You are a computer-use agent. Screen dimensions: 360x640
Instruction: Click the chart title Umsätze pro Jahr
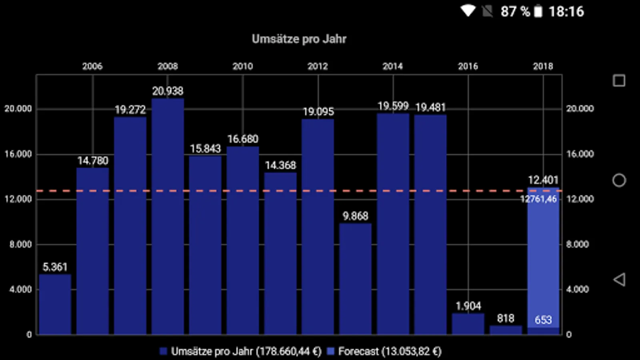click(x=299, y=39)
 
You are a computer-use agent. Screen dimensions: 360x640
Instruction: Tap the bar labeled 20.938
click(x=168, y=216)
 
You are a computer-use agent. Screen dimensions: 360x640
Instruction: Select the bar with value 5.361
click(x=55, y=304)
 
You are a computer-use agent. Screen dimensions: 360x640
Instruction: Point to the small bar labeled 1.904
click(x=468, y=324)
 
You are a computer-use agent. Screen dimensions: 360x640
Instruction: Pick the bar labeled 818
click(x=506, y=330)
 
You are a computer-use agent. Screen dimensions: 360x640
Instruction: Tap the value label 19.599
click(x=393, y=106)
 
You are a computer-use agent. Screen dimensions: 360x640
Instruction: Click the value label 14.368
click(x=280, y=165)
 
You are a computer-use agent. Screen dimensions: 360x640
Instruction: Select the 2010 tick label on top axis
click(x=243, y=66)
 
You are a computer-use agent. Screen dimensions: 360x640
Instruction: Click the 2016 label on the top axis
click(x=468, y=66)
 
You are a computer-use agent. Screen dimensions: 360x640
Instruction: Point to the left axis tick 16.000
click(x=18, y=154)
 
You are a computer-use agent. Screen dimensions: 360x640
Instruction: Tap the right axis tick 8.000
click(x=578, y=244)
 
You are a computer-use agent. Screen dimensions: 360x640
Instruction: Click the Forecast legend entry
click(x=384, y=352)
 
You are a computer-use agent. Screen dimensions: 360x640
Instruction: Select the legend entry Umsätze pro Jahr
click(x=240, y=352)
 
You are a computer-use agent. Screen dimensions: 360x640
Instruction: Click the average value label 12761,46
click(x=538, y=199)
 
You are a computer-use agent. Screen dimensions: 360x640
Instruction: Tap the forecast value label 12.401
click(x=543, y=180)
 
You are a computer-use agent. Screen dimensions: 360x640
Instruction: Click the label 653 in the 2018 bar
click(x=543, y=320)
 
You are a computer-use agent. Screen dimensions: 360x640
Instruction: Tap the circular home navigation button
click(x=619, y=180)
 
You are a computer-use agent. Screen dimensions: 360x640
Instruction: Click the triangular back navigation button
click(x=619, y=280)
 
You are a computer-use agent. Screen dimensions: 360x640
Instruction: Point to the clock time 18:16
click(x=566, y=12)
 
